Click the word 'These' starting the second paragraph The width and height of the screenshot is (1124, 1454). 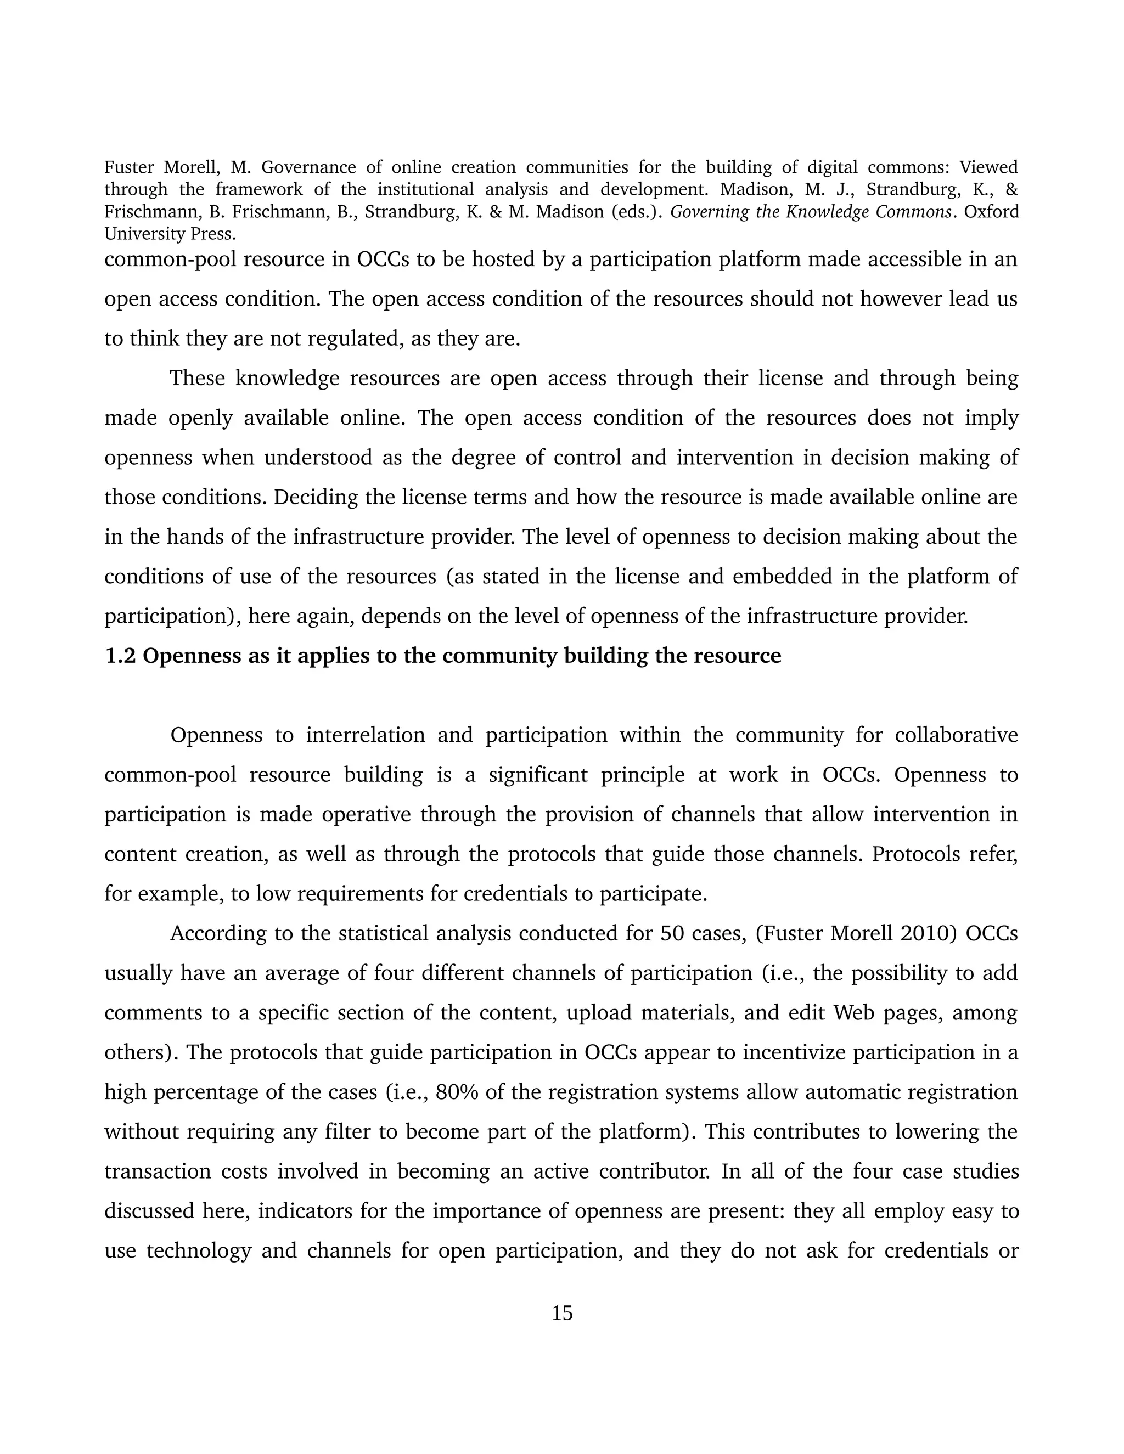[196, 378]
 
